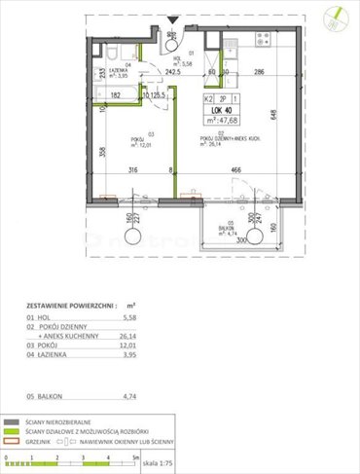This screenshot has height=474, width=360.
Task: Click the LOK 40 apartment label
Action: click(x=222, y=109)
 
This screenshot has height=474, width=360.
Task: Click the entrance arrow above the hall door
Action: click(x=171, y=18)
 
